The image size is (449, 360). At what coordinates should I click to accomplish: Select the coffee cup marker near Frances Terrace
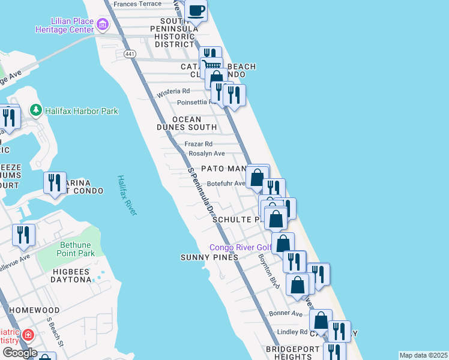pos(196,10)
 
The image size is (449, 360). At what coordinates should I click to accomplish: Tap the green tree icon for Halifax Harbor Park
pos(35,110)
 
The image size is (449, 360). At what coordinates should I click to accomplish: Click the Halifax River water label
pos(127,195)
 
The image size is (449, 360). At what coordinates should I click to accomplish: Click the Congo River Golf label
pos(240,248)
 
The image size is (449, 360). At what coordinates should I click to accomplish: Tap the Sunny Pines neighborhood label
pos(209,257)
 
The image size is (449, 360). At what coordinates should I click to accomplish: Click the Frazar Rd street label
pos(199,144)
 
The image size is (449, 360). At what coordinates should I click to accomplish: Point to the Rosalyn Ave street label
pos(207,154)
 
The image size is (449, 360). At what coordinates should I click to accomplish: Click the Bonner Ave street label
pos(286,313)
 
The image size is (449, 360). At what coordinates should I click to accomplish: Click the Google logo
pos(19,353)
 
